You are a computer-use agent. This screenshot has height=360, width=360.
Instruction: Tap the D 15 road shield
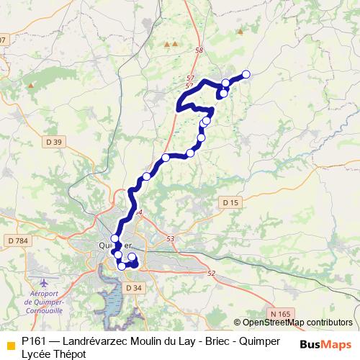click(x=230, y=203)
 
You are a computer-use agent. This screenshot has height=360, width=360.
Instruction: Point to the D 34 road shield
click(x=132, y=288)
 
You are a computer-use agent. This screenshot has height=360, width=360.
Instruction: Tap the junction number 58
click(x=199, y=50)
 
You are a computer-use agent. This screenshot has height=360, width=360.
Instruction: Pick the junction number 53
click(x=171, y=238)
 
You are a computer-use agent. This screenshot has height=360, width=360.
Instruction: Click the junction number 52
click(x=211, y=273)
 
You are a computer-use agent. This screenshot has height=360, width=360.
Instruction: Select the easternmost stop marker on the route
click(x=246, y=74)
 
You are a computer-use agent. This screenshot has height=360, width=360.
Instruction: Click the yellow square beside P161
click(x=10, y=344)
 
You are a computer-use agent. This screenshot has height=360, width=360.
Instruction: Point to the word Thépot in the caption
click(x=68, y=354)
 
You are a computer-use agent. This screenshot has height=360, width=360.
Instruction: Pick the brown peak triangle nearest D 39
click(x=31, y=85)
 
